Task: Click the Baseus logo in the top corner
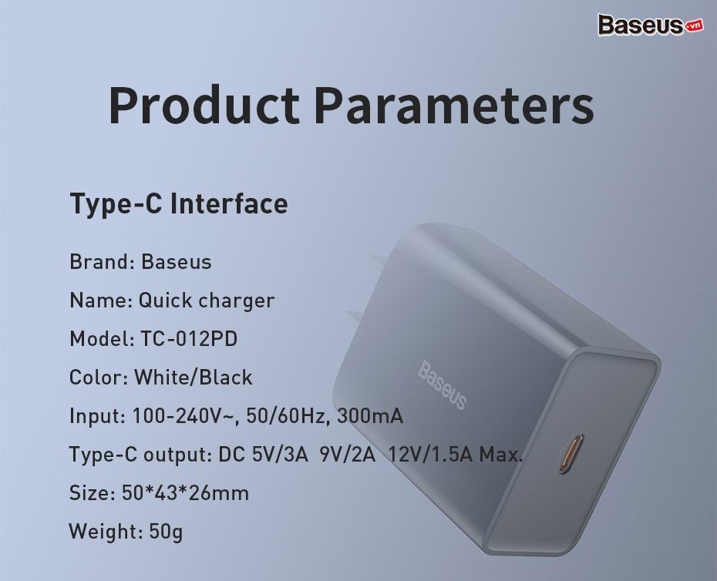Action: pyautogui.click(x=640, y=25)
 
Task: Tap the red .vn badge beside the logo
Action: pyautogui.click(x=694, y=27)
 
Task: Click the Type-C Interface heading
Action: pyautogui.click(x=179, y=203)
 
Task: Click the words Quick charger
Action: pyautogui.click(x=207, y=301)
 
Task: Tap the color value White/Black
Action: pyautogui.click(x=193, y=378)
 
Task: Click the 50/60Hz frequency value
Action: pyautogui.click(x=286, y=416)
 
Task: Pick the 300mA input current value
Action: pyautogui.click(x=369, y=416)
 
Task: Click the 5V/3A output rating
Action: pyautogui.click(x=280, y=455)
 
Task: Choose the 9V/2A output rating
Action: pyautogui.click(x=348, y=455)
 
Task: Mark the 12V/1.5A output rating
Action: pyautogui.click(x=430, y=455)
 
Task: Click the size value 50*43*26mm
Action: pyautogui.click(x=186, y=493)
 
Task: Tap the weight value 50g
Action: pyautogui.click(x=166, y=532)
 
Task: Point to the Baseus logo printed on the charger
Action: pyautogui.click(x=442, y=385)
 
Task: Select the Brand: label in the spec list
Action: pyautogui.click(x=102, y=262)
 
